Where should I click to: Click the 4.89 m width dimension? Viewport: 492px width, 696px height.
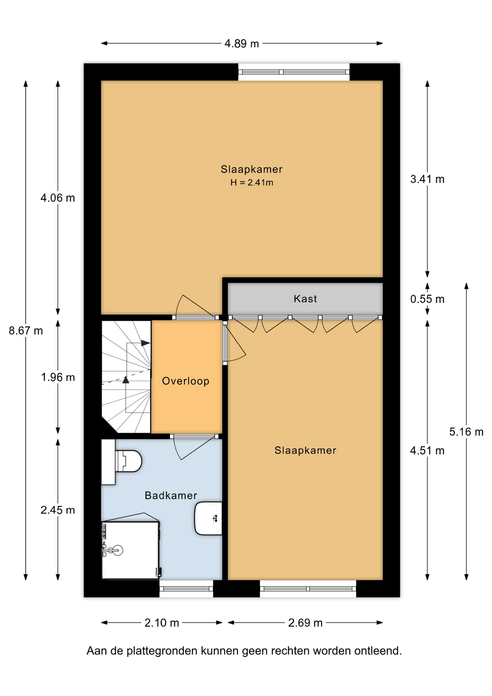[x=242, y=43]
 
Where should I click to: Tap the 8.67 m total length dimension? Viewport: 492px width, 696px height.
[x=26, y=331]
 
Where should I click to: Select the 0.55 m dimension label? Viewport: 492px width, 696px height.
[x=427, y=299]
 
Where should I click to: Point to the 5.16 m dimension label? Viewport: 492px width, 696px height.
[x=466, y=432]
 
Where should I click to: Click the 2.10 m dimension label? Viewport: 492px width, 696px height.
[x=162, y=623]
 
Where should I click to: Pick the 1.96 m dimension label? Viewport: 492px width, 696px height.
[x=58, y=377]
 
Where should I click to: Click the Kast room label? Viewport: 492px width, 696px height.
[x=305, y=299]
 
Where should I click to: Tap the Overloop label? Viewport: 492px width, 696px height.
[x=185, y=381]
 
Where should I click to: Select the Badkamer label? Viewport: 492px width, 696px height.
[x=171, y=495]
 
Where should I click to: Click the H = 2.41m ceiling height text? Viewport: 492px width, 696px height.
[x=252, y=182]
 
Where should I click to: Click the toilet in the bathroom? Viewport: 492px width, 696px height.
[x=123, y=461]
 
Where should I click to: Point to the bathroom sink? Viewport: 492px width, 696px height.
[x=208, y=518]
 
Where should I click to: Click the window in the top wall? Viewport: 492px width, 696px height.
[x=294, y=72]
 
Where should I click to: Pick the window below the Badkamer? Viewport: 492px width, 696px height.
[x=186, y=589]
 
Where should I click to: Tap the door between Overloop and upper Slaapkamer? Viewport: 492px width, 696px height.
[x=196, y=307]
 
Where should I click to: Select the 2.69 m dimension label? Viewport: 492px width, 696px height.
[x=305, y=623]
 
